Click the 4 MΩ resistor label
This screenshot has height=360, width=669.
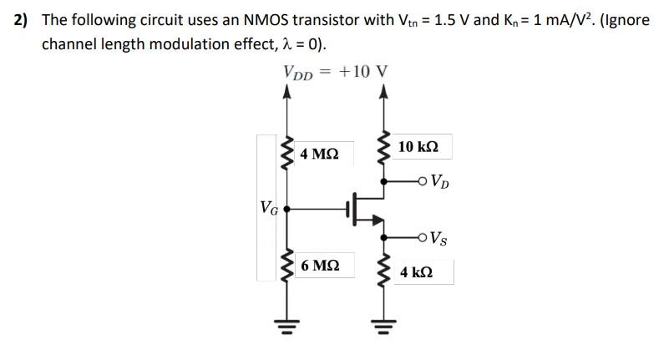pos(319,154)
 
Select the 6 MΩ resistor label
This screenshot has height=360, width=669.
pos(319,266)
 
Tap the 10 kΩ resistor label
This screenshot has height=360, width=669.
pos(418,147)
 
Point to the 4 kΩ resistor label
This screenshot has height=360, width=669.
pos(416,273)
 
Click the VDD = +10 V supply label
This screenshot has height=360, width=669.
pos(336,72)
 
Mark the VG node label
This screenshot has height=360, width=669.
pos(268,206)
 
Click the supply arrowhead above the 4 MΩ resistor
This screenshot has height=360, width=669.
pos(287,91)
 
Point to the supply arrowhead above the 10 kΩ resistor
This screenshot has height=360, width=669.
pos(384,91)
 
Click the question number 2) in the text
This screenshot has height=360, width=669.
pos(23,19)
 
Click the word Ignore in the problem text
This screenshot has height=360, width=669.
pos(626,19)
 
